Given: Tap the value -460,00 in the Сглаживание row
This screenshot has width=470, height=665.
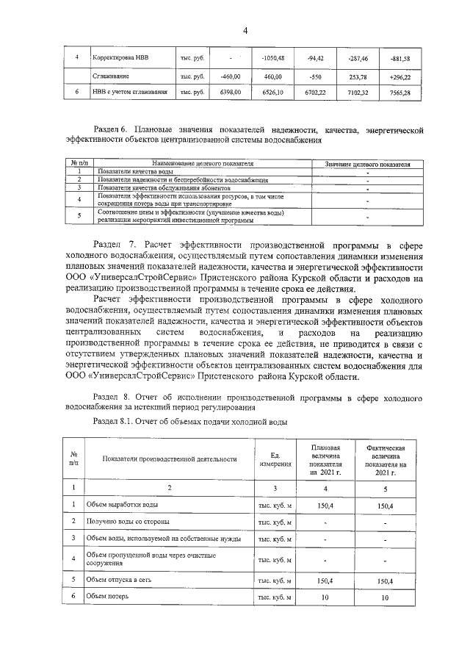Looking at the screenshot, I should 230,76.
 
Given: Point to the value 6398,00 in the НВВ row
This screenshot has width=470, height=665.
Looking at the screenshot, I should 230,93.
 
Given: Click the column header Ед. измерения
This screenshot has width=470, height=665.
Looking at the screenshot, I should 275,459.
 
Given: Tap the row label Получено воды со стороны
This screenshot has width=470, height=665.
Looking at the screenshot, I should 128,522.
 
